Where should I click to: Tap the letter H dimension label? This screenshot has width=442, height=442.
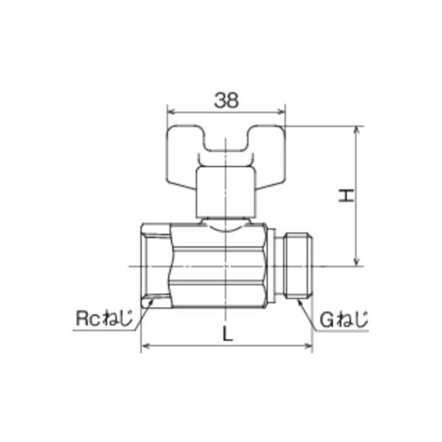(x=347, y=195)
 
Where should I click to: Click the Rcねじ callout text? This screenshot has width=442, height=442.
(x=104, y=318)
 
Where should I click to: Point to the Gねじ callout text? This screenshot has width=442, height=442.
(x=344, y=318)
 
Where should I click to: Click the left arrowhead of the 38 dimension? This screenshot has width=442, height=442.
(x=171, y=112)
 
